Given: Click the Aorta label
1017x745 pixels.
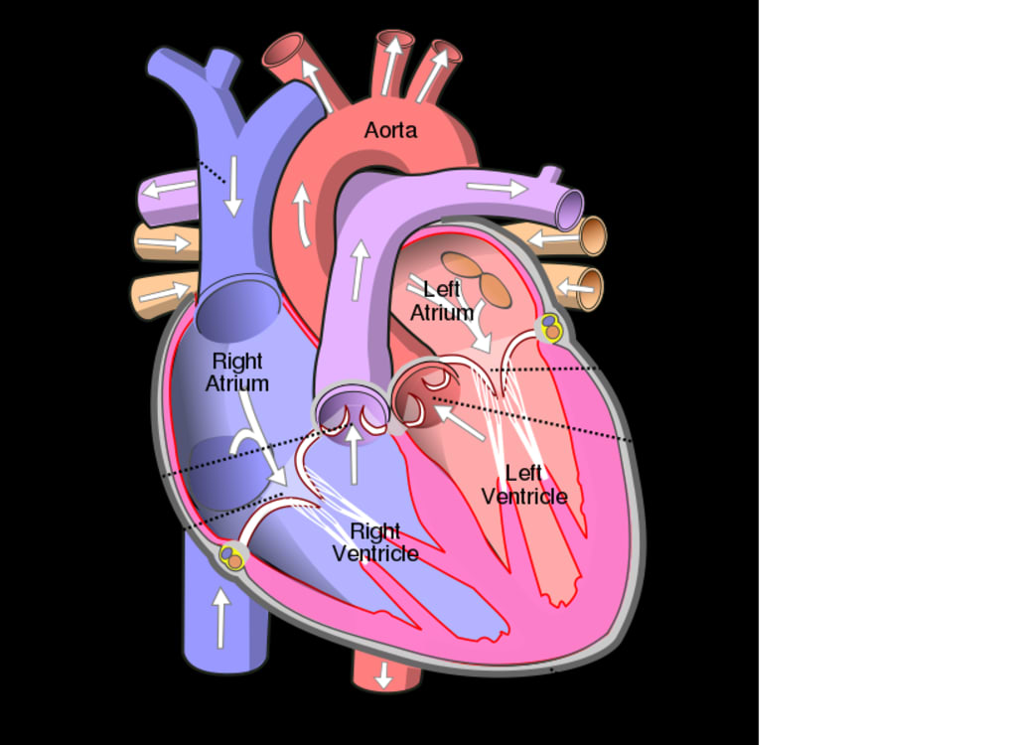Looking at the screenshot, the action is (390, 130).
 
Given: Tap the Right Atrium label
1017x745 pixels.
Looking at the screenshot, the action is (237, 372).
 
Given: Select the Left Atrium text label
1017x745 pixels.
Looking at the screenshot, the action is (442, 300).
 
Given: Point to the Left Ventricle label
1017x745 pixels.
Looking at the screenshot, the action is (524, 485).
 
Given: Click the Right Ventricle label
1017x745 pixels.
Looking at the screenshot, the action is (375, 542).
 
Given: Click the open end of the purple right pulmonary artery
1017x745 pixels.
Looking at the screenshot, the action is (569, 211).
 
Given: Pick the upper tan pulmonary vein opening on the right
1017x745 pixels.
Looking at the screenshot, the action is (593, 236).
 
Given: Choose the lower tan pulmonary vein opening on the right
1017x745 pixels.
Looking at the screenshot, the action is (590, 289).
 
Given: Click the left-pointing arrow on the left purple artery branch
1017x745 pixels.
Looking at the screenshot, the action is (168, 189).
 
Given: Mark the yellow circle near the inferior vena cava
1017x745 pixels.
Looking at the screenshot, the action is (232, 557).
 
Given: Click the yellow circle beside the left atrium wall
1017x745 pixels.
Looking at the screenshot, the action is (550, 327).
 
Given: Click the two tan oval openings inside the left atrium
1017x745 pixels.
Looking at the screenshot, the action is (478, 278).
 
